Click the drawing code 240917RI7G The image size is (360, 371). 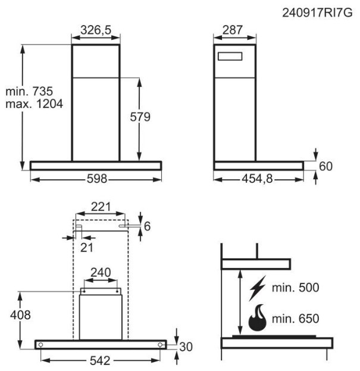tap(317, 13)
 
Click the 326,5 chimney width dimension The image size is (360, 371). tap(96, 30)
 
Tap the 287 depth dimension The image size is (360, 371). tap(232, 30)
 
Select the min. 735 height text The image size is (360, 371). tap(29, 91)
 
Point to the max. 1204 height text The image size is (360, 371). tap(35, 104)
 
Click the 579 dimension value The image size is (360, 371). tap(140, 117)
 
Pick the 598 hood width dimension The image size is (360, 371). tap(97, 179)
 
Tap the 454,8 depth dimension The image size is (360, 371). tap(257, 179)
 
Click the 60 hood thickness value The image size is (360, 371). tap(325, 166)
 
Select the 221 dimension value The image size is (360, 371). tap(101, 207)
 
